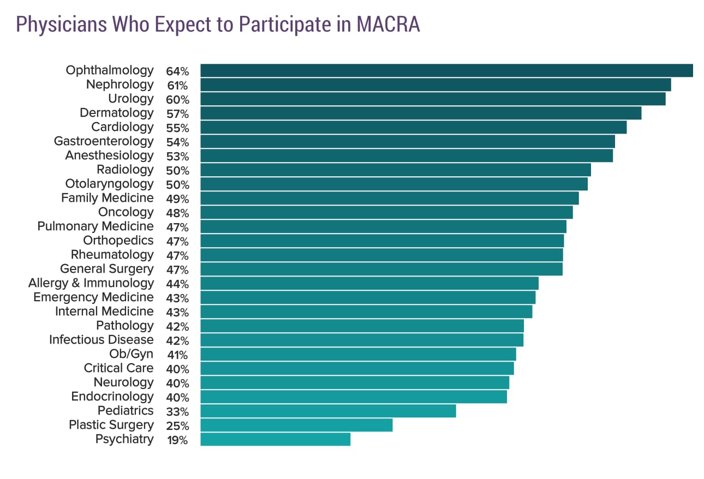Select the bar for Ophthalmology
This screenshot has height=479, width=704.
pos(446,70)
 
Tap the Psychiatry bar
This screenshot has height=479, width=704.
pos(275,439)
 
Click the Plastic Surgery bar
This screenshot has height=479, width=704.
pos(296,425)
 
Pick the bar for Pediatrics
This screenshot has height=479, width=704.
pos(328,411)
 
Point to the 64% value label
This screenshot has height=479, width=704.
pos(177,71)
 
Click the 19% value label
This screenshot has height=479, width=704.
pos(177,440)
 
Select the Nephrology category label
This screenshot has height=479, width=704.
pos(120,85)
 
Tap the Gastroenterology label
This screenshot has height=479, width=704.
pos(104,141)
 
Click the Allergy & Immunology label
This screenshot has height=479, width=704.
pos(91,283)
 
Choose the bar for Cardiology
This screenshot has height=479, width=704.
pos(413,127)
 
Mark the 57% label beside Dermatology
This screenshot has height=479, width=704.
pos(177,113)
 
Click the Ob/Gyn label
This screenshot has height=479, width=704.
pos(132,354)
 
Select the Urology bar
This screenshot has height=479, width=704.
pos(433,99)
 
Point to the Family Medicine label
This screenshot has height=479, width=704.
pos(108,198)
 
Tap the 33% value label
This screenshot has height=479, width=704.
pos(177,411)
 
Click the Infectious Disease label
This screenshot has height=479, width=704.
pos(102,340)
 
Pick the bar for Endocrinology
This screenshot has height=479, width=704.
pos(354,397)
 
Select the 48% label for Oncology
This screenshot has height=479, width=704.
pos(177,213)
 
